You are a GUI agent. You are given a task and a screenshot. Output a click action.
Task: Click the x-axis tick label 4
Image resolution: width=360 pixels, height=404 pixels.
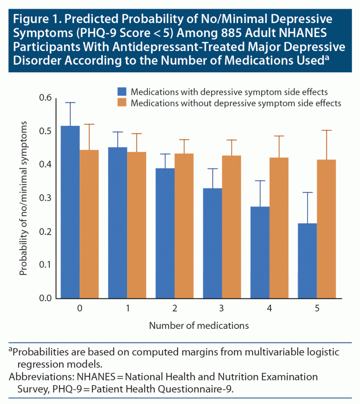(x=269, y=309)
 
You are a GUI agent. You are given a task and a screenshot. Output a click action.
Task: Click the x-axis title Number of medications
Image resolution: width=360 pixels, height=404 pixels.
(x=199, y=325)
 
